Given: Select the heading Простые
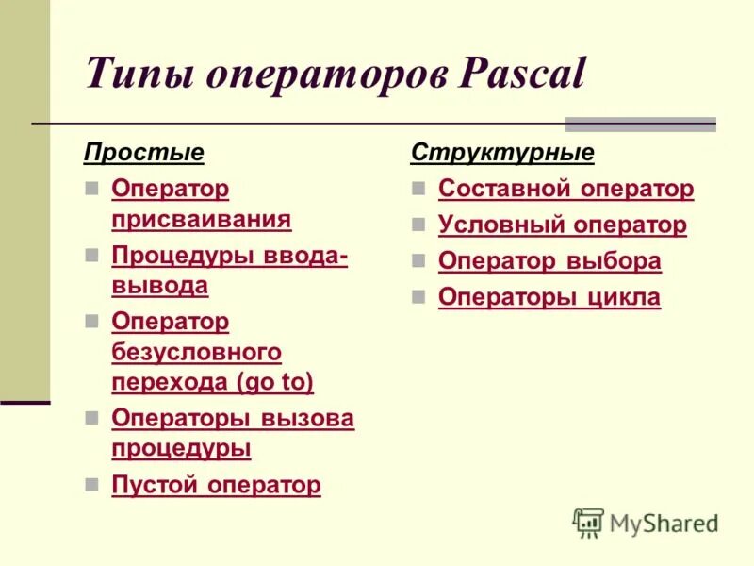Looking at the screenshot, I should [x=144, y=152].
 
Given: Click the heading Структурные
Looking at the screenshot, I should [x=502, y=152].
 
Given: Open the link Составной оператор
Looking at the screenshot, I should [x=565, y=189].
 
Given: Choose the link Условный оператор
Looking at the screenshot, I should [x=563, y=225].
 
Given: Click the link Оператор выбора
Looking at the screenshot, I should [x=549, y=261].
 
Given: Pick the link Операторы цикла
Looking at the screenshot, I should [x=549, y=297].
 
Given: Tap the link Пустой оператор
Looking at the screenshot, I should [x=216, y=485].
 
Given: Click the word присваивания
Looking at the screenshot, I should [x=201, y=219].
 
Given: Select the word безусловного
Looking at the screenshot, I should [x=196, y=352].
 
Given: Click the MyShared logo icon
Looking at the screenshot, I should [x=588, y=523].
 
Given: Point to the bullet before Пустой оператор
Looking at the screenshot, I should [x=91, y=484].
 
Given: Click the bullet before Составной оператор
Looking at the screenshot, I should [x=418, y=189].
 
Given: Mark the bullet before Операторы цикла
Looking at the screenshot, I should [x=418, y=297].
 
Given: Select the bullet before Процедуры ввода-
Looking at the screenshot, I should [x=91, y=256].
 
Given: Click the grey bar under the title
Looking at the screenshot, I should [x=640, y=125].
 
